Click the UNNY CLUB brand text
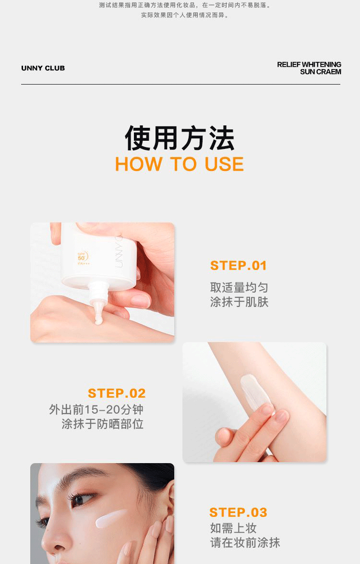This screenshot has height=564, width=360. pyautogui.click(x=43, y=68)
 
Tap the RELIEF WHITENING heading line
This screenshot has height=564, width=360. pyautogui.click(x=309, y=64)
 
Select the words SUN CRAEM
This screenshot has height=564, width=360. pyautogui.click(x=321, y=72)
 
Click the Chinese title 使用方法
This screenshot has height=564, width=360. pyautogui.click(x=180, y=138)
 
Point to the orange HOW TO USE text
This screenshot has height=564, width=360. pyautogui.click(x=180, y=164)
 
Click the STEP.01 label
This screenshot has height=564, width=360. pyautogui.click(x=238, y=266)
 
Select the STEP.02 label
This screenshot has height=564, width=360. pyautogui.click(x=117, y=393)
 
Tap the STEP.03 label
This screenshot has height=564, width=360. pyautogui.click(x=238, y=512)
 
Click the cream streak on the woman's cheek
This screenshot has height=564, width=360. pyautogui.click(x=111, y=517)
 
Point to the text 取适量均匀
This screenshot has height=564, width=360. pyautogui.click(x=239, y=287)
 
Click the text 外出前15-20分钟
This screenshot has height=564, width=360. pyautogui.click(x=96, y=409)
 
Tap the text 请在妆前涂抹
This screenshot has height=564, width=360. pyautogui.click(x=245, y=542)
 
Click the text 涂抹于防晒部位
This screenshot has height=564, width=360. pyautogui.click(x=102, y=424)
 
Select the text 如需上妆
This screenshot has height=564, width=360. pyautogui.click(x=233, y=528)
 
